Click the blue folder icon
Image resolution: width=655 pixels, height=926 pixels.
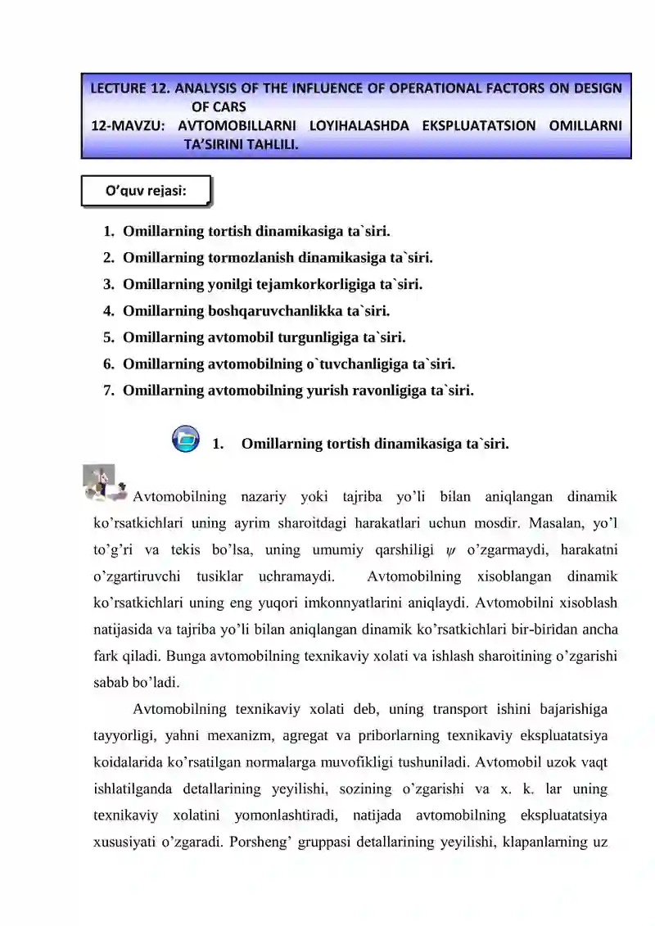(x=187, y=438)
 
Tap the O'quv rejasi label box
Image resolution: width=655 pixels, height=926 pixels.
(x=146, y=192)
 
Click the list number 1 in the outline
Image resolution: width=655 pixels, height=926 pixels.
(x=108, y=232)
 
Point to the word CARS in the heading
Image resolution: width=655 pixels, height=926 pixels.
(x=228, y=106)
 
